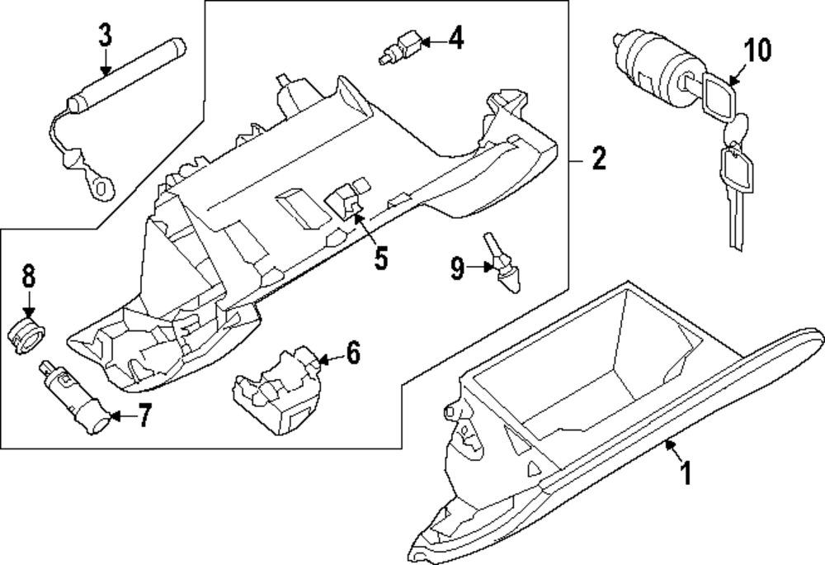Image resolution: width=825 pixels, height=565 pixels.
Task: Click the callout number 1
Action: [684, 474]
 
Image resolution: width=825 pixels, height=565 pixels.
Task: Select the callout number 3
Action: [106, 36]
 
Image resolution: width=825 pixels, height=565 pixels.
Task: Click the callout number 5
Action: [380, 257]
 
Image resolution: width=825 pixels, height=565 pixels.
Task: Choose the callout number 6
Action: [352, 354]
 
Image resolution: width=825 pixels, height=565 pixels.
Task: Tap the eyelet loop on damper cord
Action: [100, 188]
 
